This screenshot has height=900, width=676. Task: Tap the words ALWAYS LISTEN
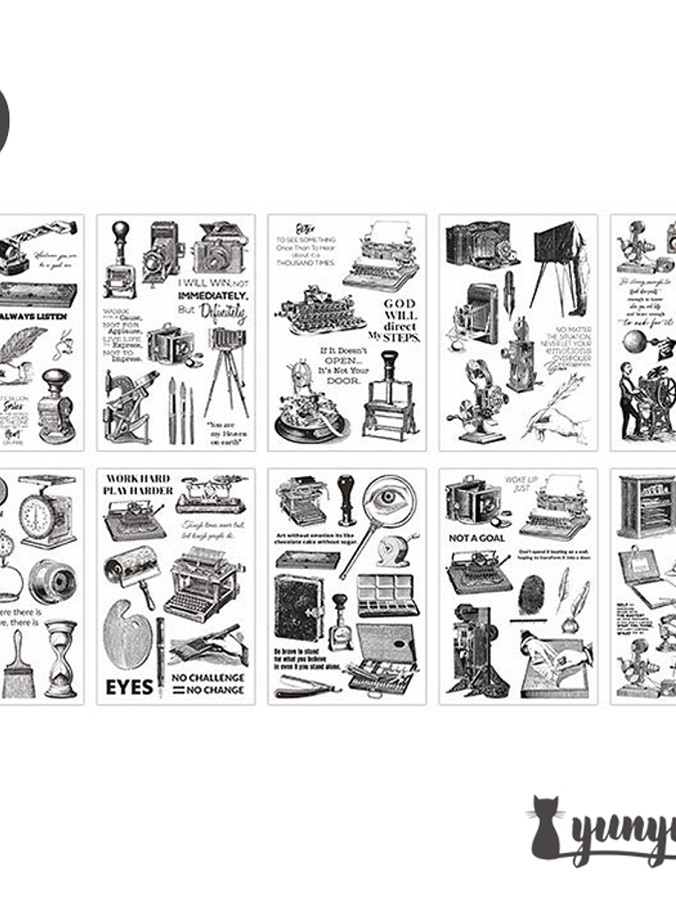coord(38,315)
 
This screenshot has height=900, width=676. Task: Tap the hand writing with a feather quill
coord(556,414)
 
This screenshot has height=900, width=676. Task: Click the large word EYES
coord(130,686)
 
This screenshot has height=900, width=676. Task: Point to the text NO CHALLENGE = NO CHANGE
coord(208,683)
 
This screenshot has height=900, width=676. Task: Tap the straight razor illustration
coord(307,684)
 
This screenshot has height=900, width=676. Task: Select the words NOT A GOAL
coord(476,538)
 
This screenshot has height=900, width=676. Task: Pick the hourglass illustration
coord(60,657)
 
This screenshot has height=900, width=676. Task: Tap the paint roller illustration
coord(133,569)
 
